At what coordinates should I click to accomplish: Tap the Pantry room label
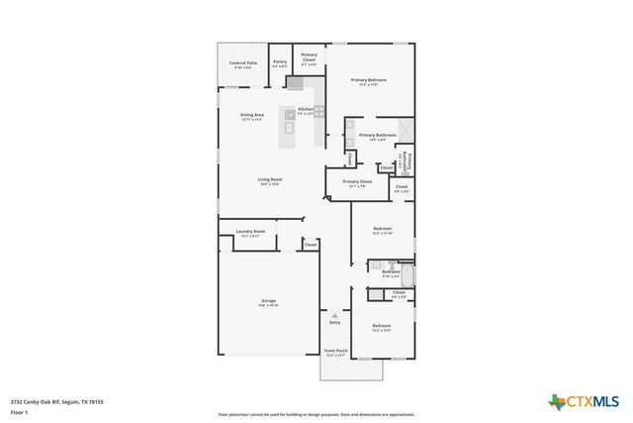(280, 62)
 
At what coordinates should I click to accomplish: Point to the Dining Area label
(251, 115)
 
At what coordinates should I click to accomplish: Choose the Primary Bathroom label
(377, 135)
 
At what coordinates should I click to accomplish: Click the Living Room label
(270, 179)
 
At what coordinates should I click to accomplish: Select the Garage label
(268, 300)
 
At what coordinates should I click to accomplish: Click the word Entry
(334, 322)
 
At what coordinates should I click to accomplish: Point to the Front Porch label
(335, 351)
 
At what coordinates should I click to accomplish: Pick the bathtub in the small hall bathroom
(403, 268)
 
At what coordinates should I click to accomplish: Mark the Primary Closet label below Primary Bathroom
(357, 182)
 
